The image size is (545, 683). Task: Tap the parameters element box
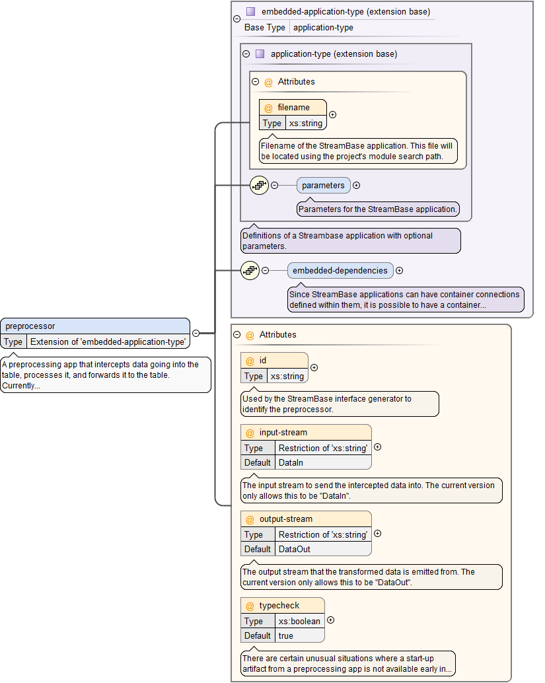323,186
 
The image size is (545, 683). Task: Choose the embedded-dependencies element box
340,270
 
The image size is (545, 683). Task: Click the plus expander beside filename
332,115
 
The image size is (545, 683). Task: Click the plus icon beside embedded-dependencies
399,270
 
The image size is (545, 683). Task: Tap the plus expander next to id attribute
314,368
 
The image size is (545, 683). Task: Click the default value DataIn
291,462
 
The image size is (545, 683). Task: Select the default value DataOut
294,549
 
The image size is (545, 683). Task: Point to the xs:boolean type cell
299,621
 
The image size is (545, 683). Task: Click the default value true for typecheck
286,635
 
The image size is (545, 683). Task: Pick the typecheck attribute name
279,606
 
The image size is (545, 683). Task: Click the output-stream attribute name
286,519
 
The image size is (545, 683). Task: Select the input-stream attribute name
283,433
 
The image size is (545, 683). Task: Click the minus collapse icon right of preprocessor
196,333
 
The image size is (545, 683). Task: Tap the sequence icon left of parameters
259,186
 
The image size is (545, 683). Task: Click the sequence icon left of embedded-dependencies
250,270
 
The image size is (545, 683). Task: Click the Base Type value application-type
323,28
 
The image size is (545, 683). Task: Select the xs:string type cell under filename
306,123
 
